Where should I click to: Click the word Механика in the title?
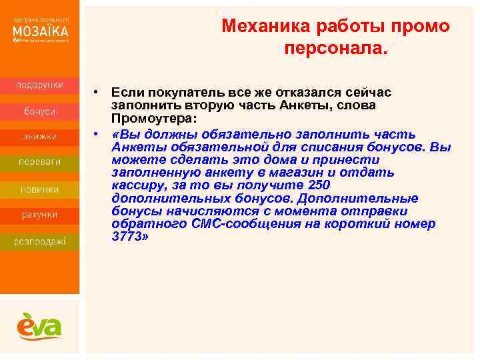click(x=257, y=27)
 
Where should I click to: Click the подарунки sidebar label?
click(x=40, y=85)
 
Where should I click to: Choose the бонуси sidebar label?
click(x=40, y=111)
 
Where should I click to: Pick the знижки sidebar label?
click(x=40, y=137)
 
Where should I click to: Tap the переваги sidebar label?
click(x=40, y=162)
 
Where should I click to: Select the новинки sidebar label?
click(x=40, y=189)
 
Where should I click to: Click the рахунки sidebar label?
click(x=40, y=215)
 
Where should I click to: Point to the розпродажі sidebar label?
click(x=40, y=241)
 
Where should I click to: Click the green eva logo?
click(x=39, y=326)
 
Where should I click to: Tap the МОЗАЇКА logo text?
click(x=40, y=31)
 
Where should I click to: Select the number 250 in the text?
click(x=316, y=185)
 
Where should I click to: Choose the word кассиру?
click(x=136, y=185)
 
